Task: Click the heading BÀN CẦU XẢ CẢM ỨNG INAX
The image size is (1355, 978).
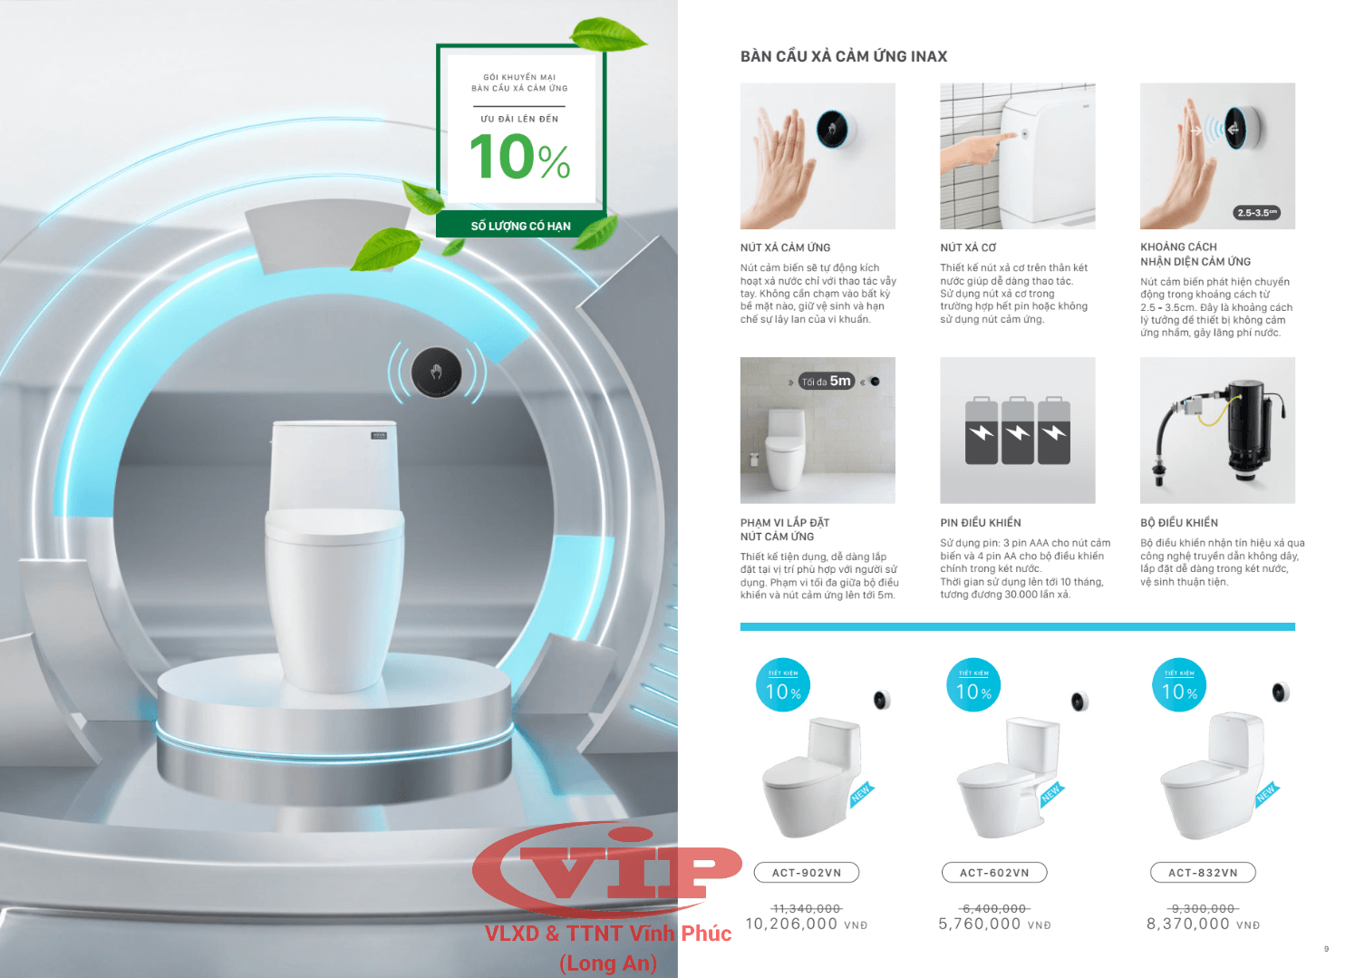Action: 843,56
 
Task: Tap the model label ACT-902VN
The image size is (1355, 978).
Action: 807,873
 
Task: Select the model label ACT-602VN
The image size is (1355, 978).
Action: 994,873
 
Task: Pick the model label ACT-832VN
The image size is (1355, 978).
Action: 1203,873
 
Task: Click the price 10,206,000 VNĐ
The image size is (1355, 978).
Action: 807,925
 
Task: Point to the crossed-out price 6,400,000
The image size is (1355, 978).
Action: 994,908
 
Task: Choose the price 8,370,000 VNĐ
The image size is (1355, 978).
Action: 1203,925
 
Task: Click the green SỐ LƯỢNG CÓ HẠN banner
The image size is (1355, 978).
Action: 520,226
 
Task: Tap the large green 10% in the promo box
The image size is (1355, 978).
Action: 519,157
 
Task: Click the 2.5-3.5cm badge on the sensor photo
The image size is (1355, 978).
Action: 1256,212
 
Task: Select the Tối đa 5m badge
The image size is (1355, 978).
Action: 827,381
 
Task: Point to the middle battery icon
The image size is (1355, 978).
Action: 1018,431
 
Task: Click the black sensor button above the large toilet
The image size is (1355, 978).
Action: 436,373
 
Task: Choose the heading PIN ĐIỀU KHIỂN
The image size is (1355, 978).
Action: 981,523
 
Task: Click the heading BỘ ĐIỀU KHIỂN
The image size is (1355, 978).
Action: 1179,523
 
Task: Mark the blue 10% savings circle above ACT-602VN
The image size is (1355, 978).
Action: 973,684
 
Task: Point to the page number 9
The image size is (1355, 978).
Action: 1327,949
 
